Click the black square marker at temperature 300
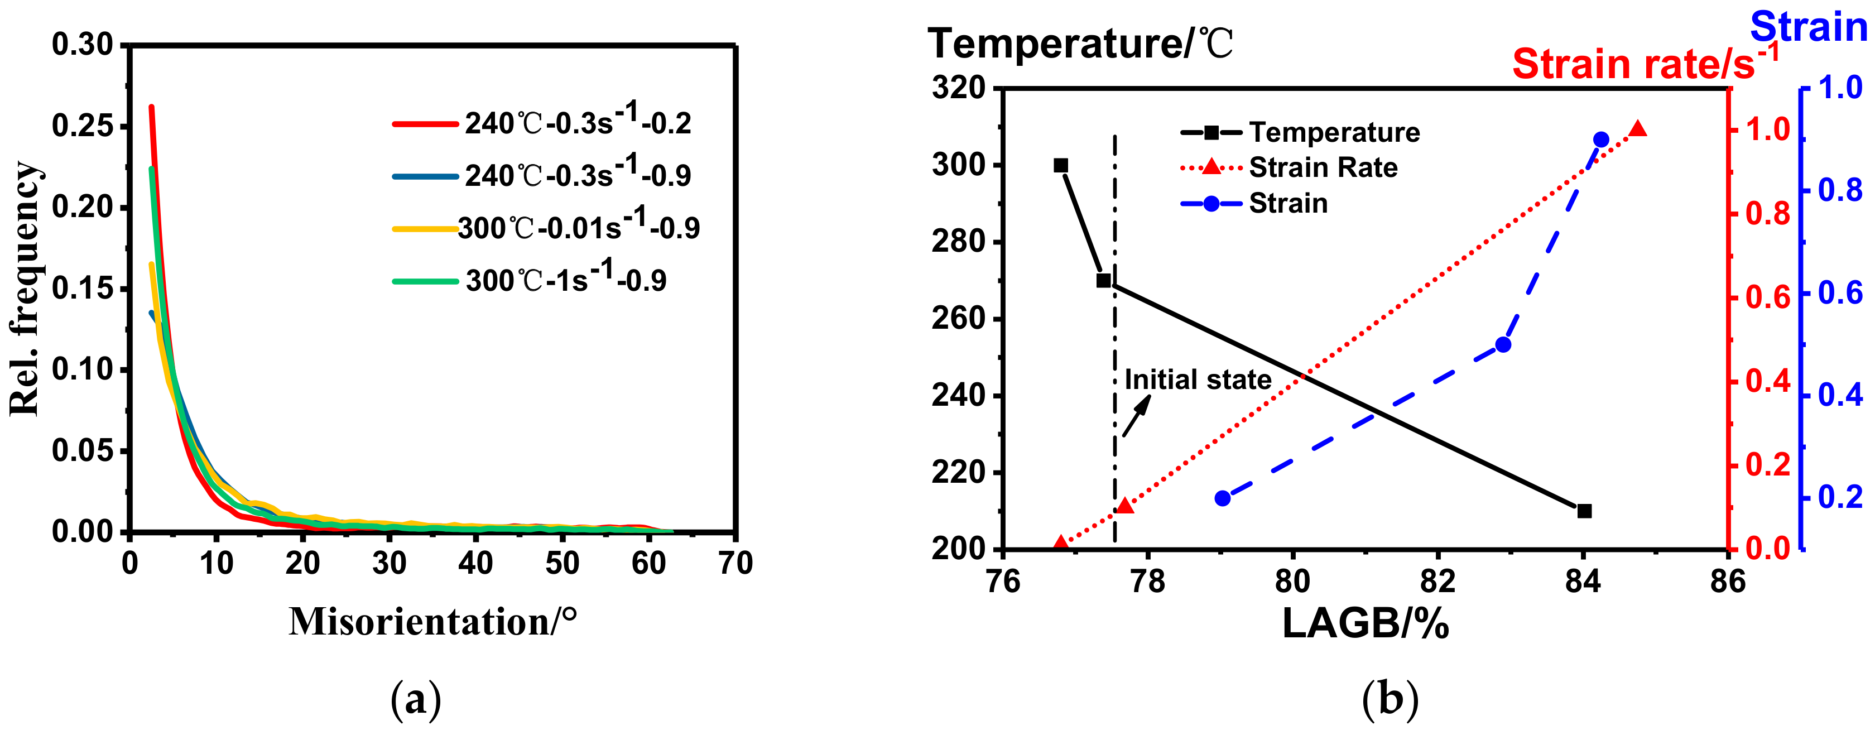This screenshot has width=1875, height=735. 1060,166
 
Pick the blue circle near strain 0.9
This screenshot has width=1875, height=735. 1600,140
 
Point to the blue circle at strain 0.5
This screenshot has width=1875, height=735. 1503,345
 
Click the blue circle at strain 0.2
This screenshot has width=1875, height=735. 1223,498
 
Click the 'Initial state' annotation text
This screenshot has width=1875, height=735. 1198,380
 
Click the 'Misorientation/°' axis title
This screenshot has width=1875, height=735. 433,622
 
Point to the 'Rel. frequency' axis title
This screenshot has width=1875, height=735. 26,289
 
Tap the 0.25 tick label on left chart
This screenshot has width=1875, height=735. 82,127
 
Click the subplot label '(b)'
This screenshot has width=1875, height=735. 1390,699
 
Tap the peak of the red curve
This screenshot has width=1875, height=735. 151,107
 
